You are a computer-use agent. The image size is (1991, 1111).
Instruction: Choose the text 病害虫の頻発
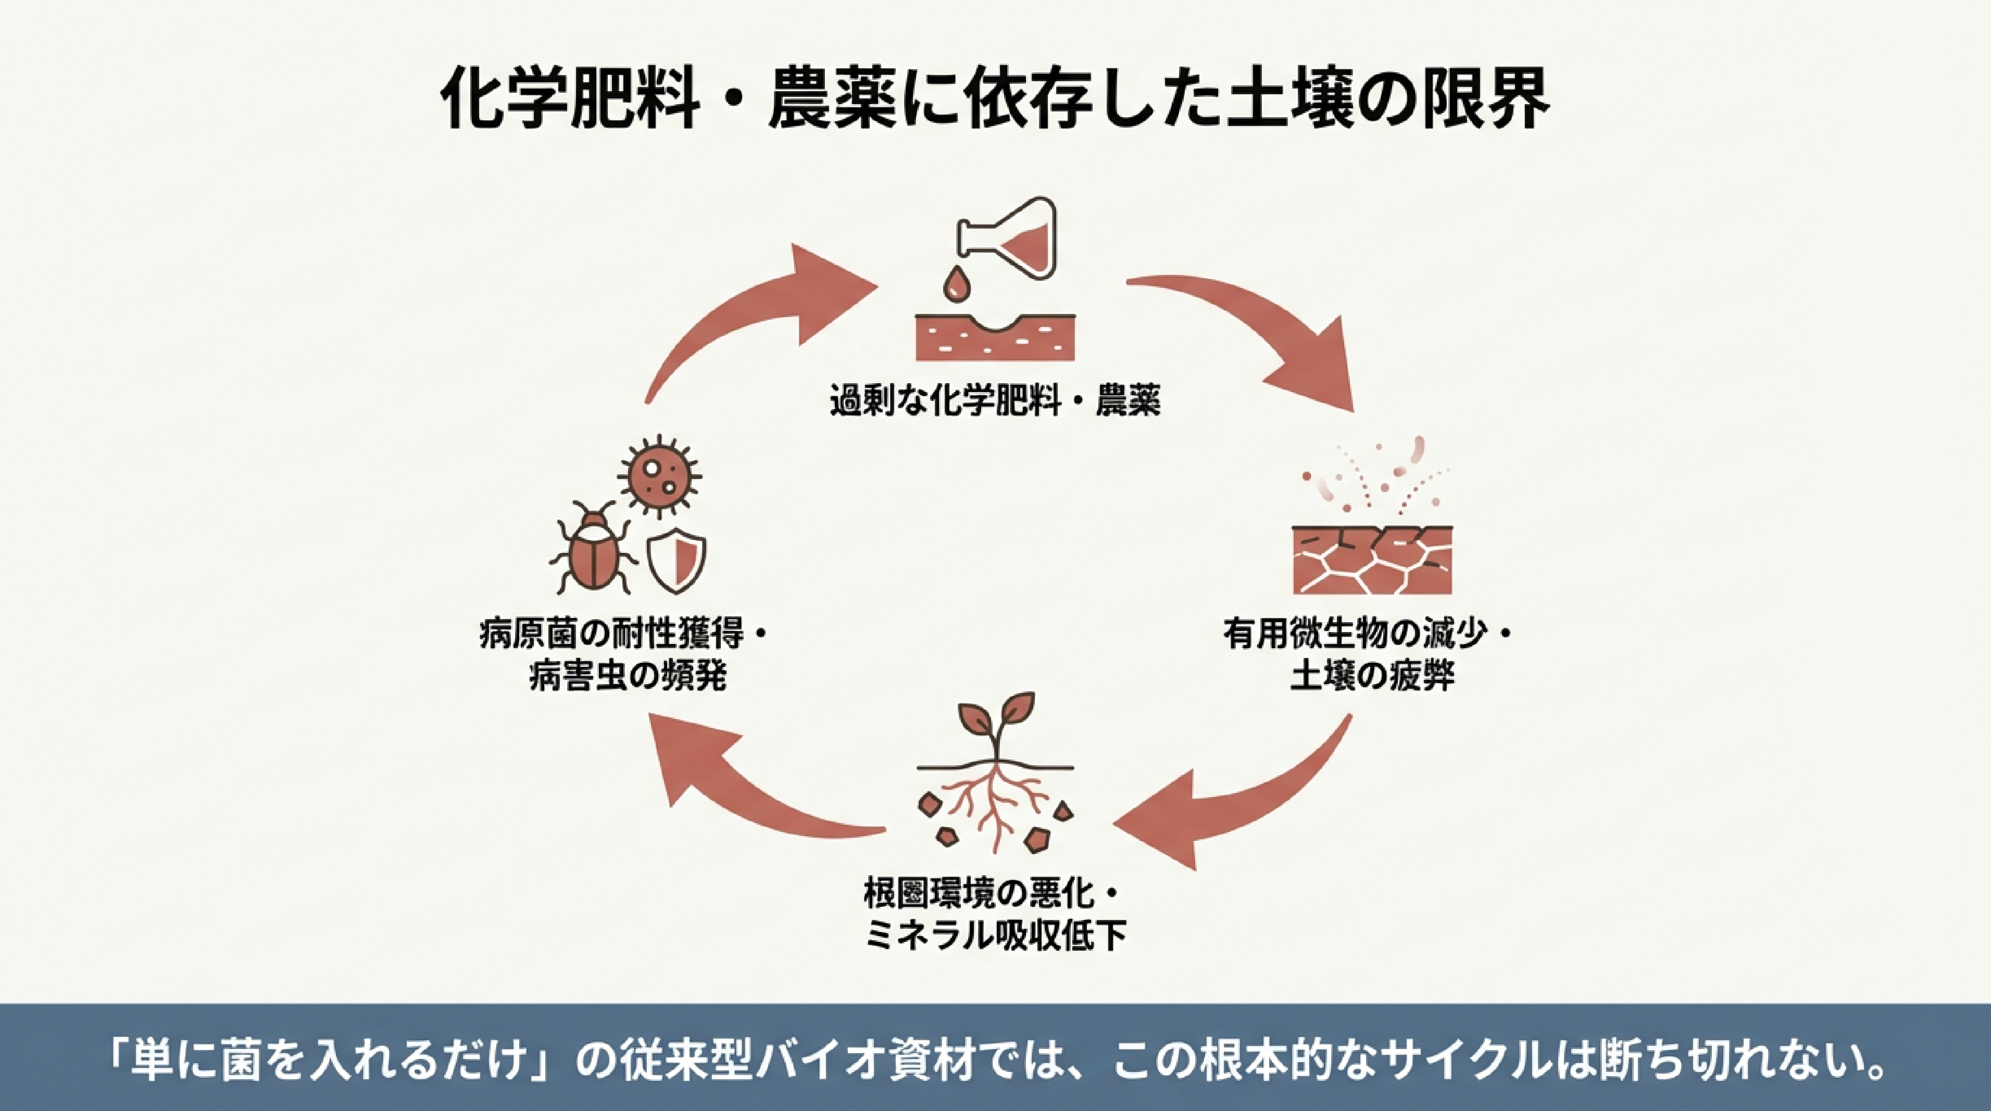pyautogui.click(x=628, y=676)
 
